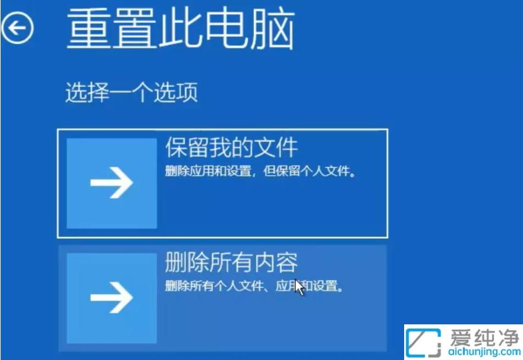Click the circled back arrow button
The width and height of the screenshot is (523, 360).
(x=17, y=27)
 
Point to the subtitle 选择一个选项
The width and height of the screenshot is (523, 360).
(x=131, y=93)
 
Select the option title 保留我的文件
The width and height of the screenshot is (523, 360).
(x=231, y=148)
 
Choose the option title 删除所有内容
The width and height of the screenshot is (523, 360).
(x=231, y=262)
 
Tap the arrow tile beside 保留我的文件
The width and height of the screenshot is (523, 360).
(x=112, y=184)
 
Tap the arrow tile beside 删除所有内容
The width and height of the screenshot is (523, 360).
(x=112, y=298)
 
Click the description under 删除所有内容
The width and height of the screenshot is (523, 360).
(x=254, y=287)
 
